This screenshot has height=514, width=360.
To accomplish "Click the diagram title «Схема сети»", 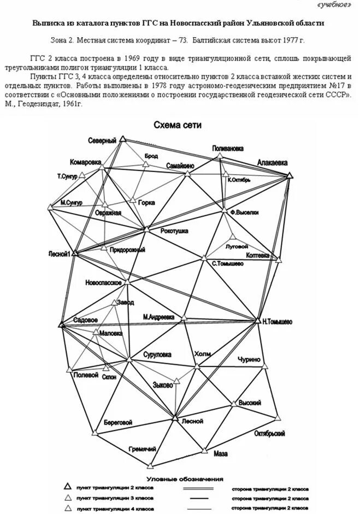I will (x=177, y=125).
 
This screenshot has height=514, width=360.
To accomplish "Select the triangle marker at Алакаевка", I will (x=290, y=175).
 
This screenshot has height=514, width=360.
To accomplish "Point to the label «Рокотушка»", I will (x=174, y=231).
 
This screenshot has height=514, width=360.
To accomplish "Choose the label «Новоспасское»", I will (x=103, y=282).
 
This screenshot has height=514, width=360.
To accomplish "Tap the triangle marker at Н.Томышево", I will (x=258, y=320).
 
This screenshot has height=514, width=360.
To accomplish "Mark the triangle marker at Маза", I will (x=204, y=451).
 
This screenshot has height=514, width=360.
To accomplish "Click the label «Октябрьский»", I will (x=270, y=433).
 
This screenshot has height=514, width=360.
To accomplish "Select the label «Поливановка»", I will (x=228, y=148).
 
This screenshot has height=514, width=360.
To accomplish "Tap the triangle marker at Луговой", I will (x=233, y=237).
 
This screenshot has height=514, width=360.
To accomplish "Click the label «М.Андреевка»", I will (x=159, y=316).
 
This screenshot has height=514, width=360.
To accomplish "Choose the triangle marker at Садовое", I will (x=61, y=324).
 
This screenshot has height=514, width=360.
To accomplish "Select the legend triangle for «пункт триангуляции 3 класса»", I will (x=68, y=498).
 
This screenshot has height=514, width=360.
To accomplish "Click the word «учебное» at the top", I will (x=334, y=5).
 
